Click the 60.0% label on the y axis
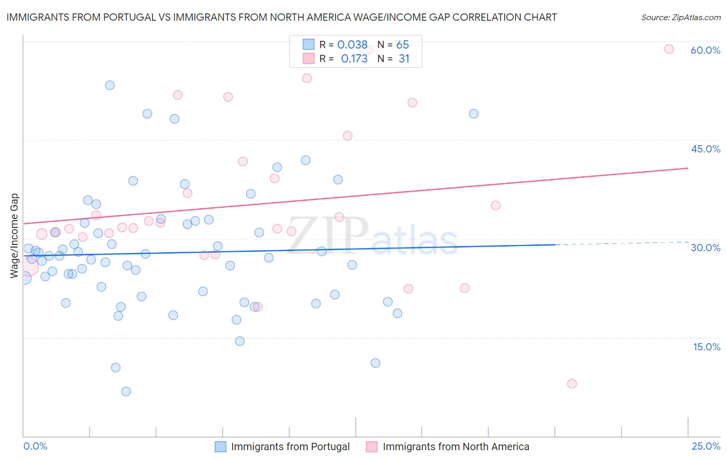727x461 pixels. click(705, 50)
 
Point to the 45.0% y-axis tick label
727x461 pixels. click(705, 149)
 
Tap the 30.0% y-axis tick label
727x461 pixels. click(705, 248)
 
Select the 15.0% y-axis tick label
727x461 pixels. click(706, 347)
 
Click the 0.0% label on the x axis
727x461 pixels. click(35, 446)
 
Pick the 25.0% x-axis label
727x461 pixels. click(706, 446)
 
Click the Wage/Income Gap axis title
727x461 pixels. click(14, 236)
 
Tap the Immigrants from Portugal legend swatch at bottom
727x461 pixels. click(220, 447)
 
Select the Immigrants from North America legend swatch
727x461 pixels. click(372, 447)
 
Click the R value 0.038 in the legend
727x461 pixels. click(352, 45)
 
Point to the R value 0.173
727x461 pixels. click(354, 59)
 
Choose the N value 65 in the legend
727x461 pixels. click(402, 45)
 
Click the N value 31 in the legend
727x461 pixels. click(404, 59)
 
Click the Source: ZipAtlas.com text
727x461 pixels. click(680, 18)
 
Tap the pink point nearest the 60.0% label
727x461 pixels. click(669, 49)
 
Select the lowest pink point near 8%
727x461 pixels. click(571, 383)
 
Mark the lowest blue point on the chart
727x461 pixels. click(126, 391)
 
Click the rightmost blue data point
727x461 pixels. click(474, 114)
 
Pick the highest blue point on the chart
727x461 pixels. click(110, 85)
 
